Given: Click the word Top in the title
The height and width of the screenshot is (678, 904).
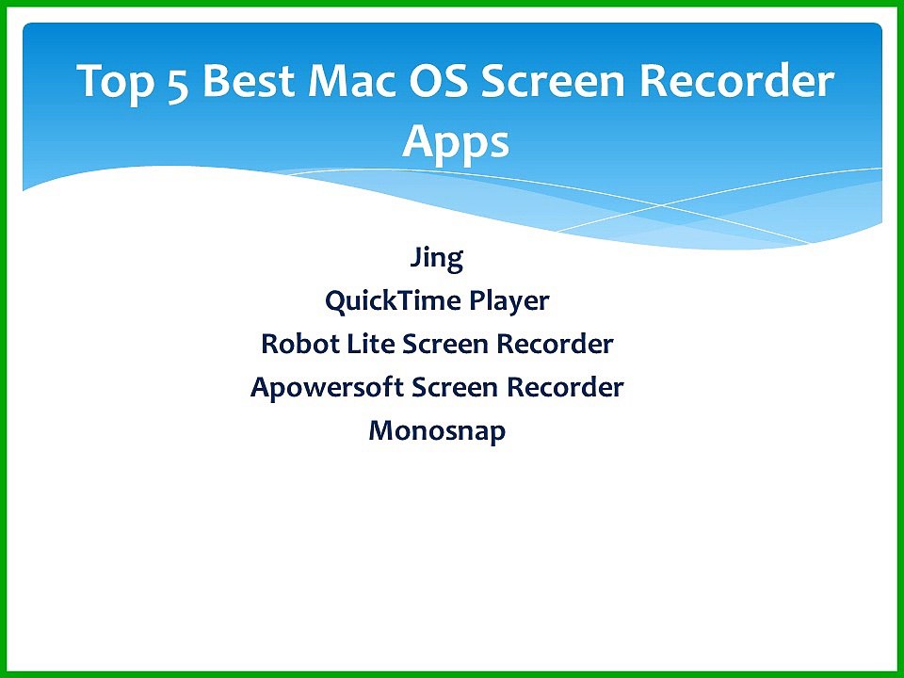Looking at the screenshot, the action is point(115,83).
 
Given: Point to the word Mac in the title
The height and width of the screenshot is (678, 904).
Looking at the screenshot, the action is point(352,81).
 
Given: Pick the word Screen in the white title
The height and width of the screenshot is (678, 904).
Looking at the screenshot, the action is point(553,81).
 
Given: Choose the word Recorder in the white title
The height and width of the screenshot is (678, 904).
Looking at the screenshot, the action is point(736,81).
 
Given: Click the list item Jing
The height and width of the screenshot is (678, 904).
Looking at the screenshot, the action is point(436,258).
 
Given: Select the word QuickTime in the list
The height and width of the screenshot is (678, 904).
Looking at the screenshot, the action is point(392,301).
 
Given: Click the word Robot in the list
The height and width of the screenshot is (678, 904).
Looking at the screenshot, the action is point(299,344).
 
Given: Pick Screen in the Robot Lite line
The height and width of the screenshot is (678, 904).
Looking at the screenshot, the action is point(445,344).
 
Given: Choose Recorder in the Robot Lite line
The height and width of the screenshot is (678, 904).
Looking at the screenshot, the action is point(555,344).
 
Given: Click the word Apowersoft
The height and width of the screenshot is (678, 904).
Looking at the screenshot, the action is point(327,388).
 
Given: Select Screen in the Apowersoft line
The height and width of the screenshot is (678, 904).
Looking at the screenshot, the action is point(455,387).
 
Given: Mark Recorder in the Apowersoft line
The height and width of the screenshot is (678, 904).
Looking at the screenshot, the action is point(565,387).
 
